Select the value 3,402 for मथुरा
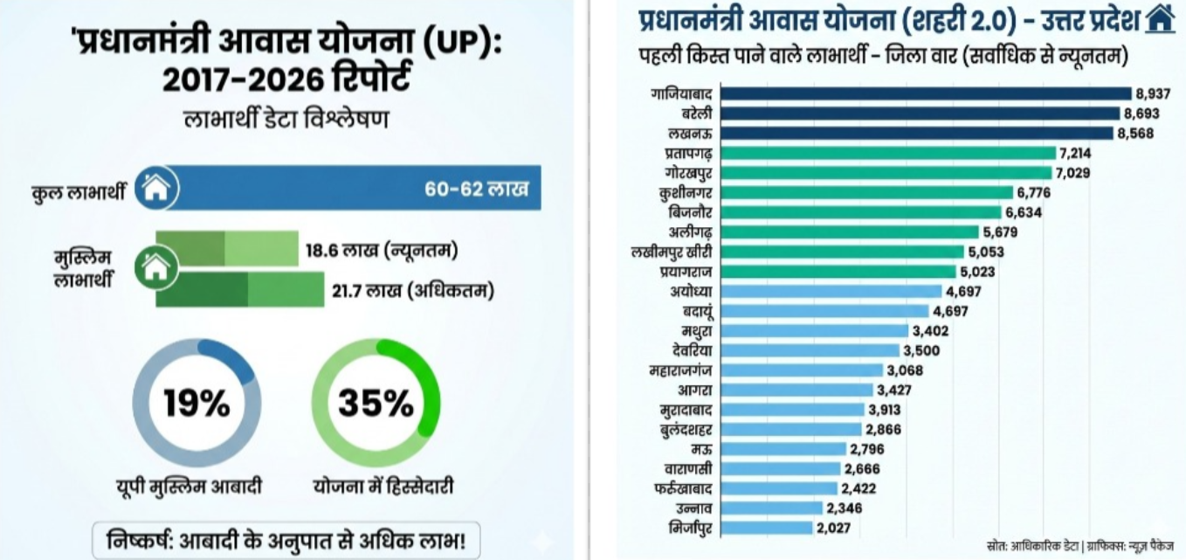pyautogui.click(x=931, y=330)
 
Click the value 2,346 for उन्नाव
pyautogui.click(x=845, y=508)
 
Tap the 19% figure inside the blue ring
pyautogui.click(x=197, y=404)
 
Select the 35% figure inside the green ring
pyautogui.click(x=376, y=404)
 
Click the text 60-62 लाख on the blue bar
pyautogui.click(x=476, y=189)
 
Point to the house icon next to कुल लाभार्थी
pyautogui.click(x=155, y=188)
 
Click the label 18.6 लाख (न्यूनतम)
pyautogui.click(x=382, y=251)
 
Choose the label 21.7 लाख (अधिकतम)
pyautogui.click(x=412, y=290)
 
